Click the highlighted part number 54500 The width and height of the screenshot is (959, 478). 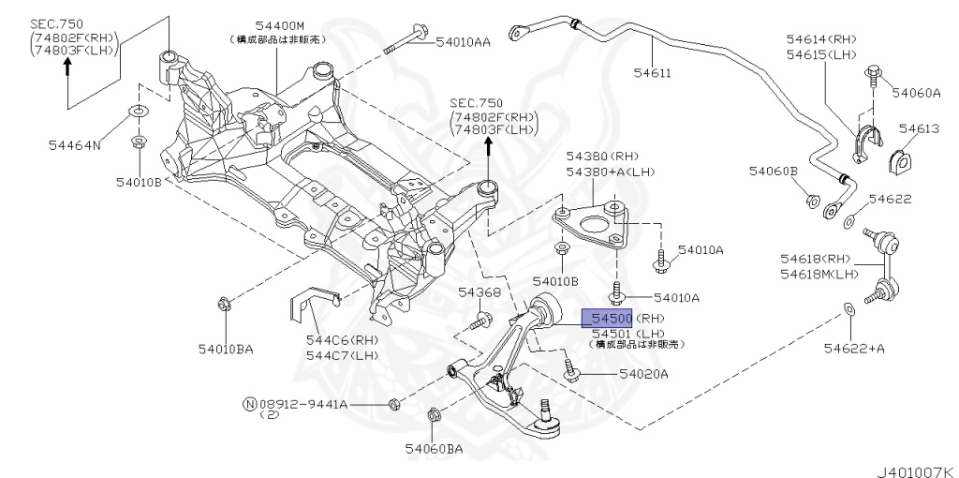pos(608,319)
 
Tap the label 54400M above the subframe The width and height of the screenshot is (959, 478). pos(277,25)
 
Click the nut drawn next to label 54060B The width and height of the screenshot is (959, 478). pos(811,200)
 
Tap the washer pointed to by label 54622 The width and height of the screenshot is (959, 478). pos(848,221)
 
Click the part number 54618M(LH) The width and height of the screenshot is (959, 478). pos(819,274)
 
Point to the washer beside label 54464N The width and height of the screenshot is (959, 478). pos(137,113)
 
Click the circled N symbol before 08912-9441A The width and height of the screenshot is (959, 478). pos(249,404)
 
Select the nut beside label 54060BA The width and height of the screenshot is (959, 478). pos(434,416)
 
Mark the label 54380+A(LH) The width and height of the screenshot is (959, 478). pos(601,172)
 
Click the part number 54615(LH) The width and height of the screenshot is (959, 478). pos(821,55)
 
